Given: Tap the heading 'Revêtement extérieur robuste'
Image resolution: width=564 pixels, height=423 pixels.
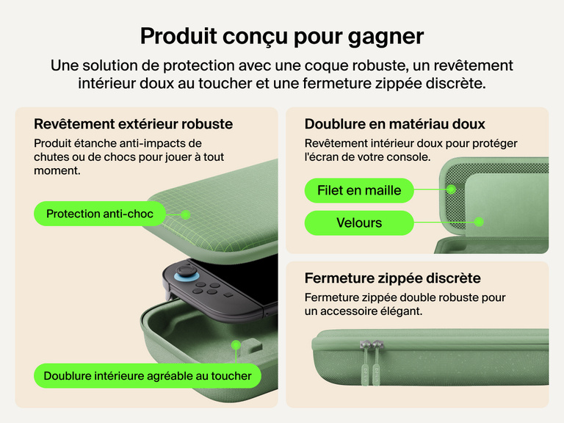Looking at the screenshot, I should tap(134, 123).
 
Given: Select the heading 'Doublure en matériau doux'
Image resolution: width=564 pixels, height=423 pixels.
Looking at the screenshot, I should tap(394, 124).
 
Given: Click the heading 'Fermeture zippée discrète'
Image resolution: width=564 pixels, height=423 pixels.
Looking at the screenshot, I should tap(392, 278).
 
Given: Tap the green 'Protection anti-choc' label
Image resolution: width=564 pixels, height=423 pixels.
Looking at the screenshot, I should tap(100, 214).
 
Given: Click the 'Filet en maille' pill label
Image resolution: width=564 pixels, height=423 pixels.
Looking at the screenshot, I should tap(359, 191).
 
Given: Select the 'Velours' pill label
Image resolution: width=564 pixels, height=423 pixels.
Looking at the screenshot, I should tap(359, 223).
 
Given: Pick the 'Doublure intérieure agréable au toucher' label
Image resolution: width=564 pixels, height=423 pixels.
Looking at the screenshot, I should tap(148, 376).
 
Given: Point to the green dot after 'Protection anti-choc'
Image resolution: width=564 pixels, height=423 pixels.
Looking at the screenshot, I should tap(186, 214).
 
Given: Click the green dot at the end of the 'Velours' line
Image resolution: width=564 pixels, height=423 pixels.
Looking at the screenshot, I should tap(479, 221).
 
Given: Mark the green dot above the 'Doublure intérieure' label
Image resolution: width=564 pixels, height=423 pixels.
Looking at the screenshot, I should tap(236, 344).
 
